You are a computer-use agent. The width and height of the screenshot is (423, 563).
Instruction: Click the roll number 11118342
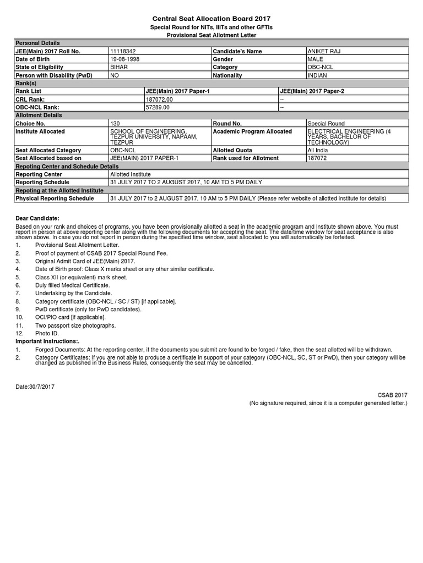coord(123,51)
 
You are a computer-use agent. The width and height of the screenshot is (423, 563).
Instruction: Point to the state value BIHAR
coord(119,67)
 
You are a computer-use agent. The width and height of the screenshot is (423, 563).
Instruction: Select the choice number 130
coord(115,124)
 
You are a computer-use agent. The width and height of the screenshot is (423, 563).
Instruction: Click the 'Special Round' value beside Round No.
coord(326,124)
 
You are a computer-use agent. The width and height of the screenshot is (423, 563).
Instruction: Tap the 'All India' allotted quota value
coord(318,150)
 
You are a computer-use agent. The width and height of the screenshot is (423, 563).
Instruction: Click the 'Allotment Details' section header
coord(39,115)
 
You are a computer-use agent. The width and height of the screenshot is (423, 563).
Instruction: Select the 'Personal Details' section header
coord(37,43)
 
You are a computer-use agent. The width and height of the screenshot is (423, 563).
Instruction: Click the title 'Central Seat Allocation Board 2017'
coord(211,19)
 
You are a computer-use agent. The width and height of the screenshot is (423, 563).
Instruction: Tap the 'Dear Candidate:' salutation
coord(37,218)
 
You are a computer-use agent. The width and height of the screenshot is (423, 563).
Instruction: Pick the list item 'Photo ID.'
coord(47,333)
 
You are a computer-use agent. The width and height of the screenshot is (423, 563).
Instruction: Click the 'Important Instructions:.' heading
coord(47,341)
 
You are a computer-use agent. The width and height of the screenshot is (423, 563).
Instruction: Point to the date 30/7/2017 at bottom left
coord(35,387)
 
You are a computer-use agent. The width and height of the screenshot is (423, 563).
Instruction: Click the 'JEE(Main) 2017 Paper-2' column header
coord(312,91)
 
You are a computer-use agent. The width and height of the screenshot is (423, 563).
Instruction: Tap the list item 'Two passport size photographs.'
coord(75,325)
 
